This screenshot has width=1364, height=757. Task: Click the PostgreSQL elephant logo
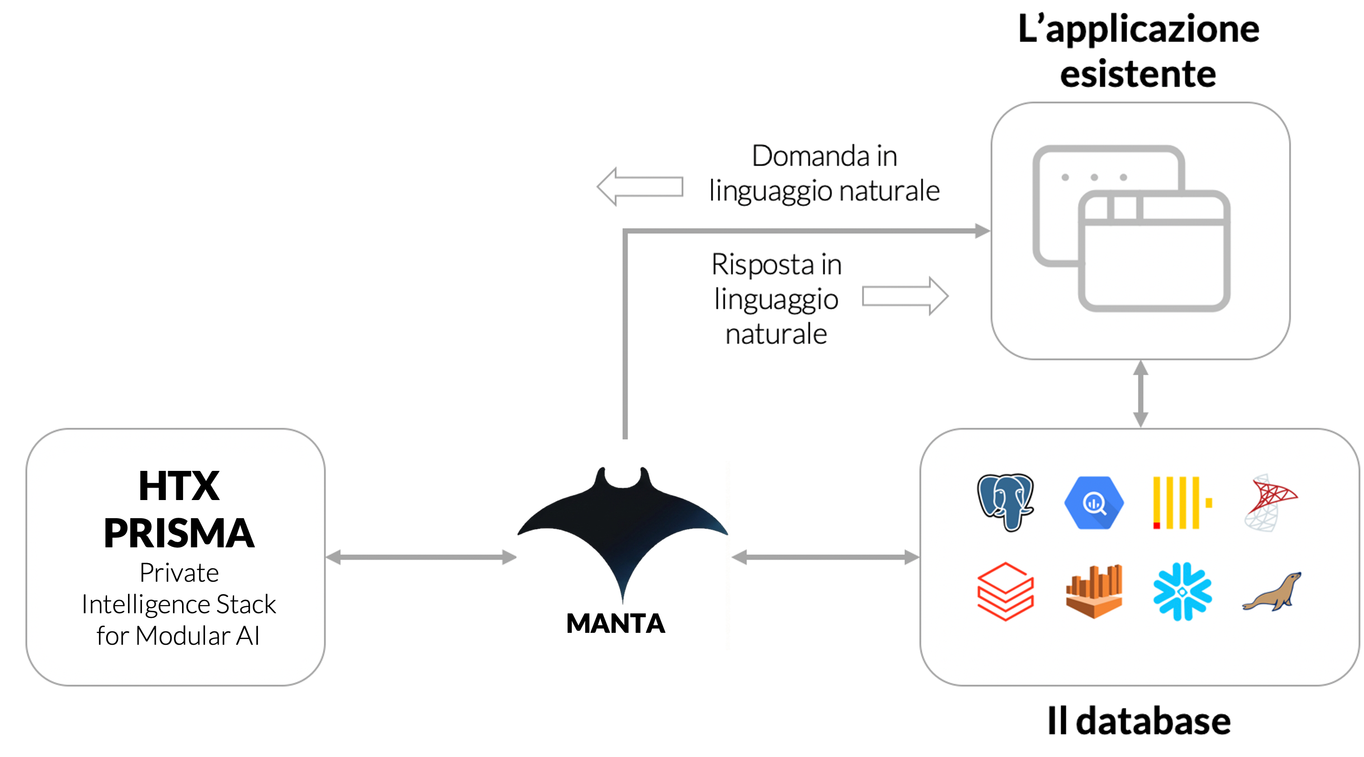(x=1005, y=502)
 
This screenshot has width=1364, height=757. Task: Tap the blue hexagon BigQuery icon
(x=1094, y=503)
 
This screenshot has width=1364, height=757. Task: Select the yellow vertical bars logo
(x=1181, y=503)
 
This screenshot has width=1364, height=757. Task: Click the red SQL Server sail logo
(x=1269, y=502)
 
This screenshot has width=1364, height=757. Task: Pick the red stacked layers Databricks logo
(x=1005, y=591)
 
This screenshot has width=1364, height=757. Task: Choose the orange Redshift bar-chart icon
(x=1094, y=591)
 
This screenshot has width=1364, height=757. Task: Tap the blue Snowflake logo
(x=1182, y=591)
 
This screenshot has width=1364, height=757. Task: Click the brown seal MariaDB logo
(x=1271, y=592)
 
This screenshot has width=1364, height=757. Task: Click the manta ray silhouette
(x=623, y=529)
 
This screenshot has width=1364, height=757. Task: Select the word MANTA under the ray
(x=615, y=624)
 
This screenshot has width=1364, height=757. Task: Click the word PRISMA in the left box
(x=179, y=533)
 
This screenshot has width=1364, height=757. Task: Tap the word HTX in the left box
(x=179, y=486)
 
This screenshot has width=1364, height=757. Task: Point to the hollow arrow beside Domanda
(x=640, y=187)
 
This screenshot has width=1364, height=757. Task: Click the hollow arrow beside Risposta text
(x=905, y=297)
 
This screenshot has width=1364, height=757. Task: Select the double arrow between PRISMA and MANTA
(x=421, y=557)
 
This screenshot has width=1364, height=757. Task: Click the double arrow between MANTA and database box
(x=825, y=557)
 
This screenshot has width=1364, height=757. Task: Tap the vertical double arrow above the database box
(x=1140, y=394)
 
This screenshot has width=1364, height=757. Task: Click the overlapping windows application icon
(x=1131, y=229)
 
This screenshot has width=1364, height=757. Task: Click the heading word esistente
(x=1138, y=74)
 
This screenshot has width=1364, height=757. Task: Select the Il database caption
(x=1138, y=721)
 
